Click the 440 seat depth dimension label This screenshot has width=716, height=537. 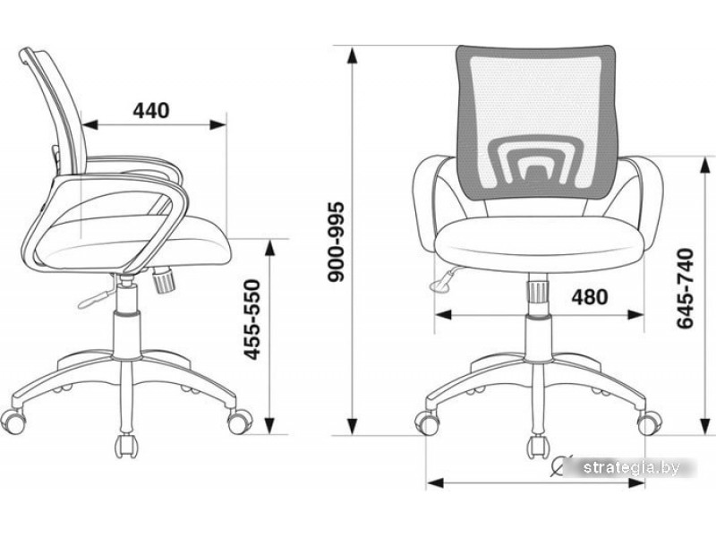pos(150,110)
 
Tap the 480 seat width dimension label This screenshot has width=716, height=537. pos(590,297)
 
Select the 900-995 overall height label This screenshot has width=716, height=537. pos(337,242)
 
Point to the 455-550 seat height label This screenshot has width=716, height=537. pos(251,320)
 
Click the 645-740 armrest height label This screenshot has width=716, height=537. pos(685,288)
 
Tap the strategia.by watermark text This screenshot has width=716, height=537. pos(632,467)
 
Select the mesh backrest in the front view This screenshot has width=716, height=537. pos(536,124)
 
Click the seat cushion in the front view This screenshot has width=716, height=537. pos(537,243)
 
